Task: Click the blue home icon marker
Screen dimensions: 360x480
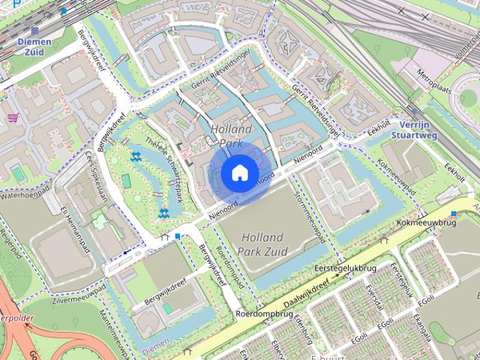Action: (x=238, y=172)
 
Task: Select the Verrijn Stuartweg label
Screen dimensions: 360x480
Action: (x=415, y=130)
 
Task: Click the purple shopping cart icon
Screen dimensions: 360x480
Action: (x=13, y=118)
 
